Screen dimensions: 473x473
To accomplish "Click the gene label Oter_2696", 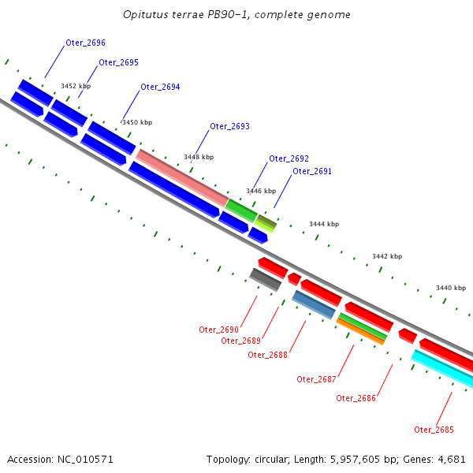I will [x=85, y=43].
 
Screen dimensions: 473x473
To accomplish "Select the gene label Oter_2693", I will [x=229, y=126].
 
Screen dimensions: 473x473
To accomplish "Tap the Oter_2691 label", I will [x=312, y=171].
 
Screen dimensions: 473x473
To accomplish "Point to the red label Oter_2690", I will [x=218, y=329].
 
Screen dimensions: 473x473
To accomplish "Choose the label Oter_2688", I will [x=267, y=354].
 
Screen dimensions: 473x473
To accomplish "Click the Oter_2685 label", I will [x=434, y=429].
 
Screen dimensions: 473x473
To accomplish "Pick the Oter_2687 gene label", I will [x=316, y=379].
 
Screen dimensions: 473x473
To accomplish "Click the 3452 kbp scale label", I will [x=76, y=86].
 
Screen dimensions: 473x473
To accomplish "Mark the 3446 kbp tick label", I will [x=261, y=191].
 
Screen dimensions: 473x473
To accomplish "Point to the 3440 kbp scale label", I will [x=450, y=288].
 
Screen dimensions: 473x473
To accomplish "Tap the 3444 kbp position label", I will [x=323, y=224].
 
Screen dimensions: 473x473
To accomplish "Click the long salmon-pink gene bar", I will [x=181, y=177].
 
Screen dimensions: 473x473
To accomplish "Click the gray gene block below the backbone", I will [x=265, y=278].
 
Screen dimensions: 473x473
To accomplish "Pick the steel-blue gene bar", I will [x=314, y=304].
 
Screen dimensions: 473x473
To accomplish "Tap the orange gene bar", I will [x=361, y=331].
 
